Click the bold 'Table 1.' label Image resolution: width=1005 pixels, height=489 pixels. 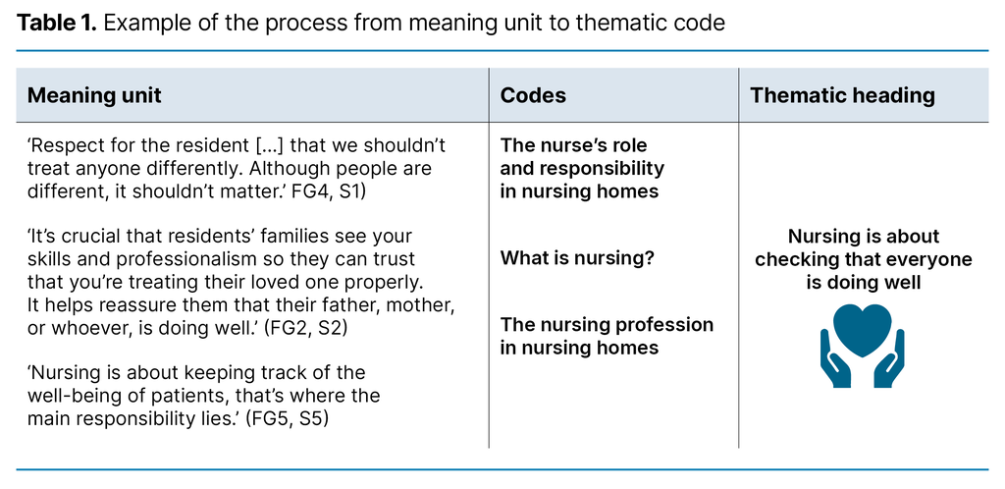click(x=55, y=23)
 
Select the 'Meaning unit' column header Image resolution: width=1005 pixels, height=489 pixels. click(x=94, y=95)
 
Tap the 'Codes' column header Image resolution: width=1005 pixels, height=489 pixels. click(x=533, y=95)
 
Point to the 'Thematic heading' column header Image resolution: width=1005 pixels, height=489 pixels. click(x=842, y=95)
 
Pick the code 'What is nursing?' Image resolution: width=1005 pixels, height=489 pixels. click(x=577, y=258)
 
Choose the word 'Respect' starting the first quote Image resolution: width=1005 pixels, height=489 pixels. click(x=67, y=146)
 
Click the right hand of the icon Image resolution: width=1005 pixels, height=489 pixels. click(x=890, y=361)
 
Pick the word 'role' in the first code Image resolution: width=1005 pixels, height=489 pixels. click(x=630, y=145)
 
